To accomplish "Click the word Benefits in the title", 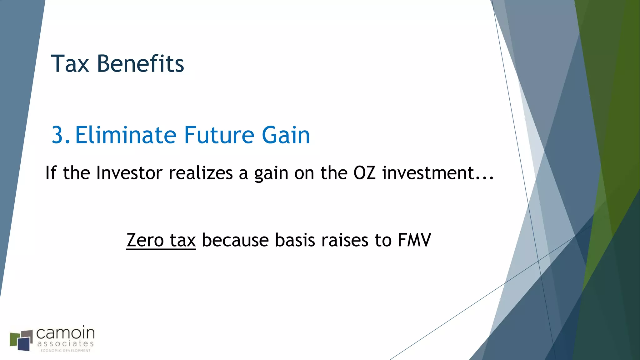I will [140, 64].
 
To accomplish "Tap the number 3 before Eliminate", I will [58, 135].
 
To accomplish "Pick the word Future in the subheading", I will [219, 135].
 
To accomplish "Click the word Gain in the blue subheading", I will [286, 135].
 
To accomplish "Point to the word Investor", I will [129, 173].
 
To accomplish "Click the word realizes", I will [201, 173].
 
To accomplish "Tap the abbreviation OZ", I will [364, 173].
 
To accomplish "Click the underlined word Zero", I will [145, 240].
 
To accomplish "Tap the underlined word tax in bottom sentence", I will [183, 241].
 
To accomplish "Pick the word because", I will [235, 240].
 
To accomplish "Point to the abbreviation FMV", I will [414, 240].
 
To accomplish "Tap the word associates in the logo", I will [65, 343].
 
